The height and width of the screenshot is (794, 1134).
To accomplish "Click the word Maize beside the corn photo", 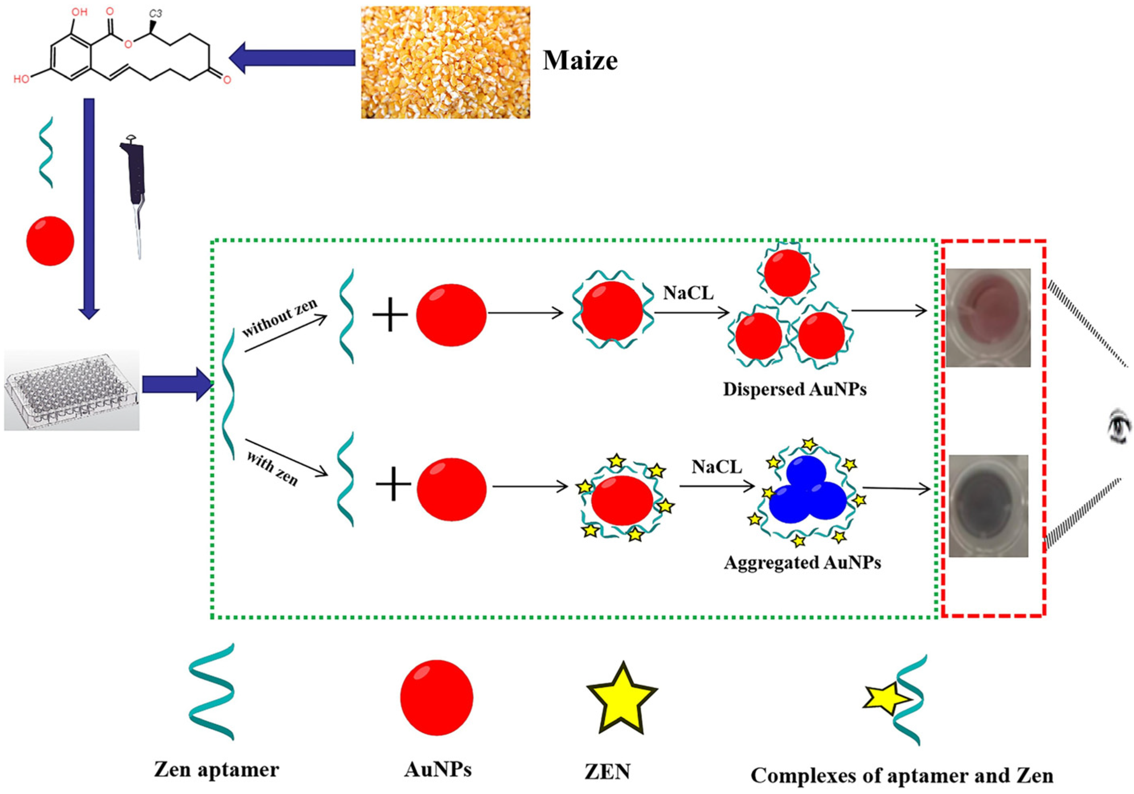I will pos(580,61).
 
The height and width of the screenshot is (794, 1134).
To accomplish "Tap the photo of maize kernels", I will pos(445,62).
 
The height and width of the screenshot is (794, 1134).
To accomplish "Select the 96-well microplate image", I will pos(72,390).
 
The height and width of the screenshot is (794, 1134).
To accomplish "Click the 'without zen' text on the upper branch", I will pos(279,318).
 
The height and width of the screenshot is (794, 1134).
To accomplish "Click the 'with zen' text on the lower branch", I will pos(272,469).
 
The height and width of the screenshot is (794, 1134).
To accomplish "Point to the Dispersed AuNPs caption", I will pos(795,390).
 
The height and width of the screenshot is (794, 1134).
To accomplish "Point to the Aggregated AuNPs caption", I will pos(802,562).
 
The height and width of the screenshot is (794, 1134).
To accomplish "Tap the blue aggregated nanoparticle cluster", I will pos(807,495).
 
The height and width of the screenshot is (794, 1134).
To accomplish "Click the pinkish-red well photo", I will pos(987,317).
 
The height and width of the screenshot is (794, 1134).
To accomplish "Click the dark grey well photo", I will pos(988,506).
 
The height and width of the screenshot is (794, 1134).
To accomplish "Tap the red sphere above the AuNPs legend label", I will pos(437,697).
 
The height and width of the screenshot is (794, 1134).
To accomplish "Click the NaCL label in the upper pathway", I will pos(688,293).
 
